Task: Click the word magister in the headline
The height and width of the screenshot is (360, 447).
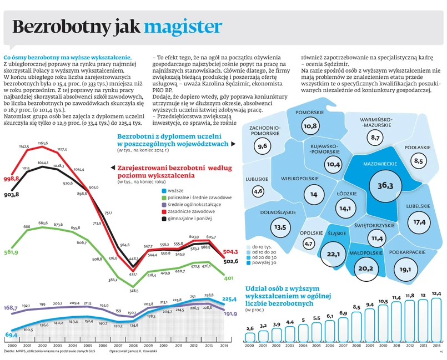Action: [183, 27]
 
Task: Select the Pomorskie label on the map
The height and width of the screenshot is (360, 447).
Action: [310, 113]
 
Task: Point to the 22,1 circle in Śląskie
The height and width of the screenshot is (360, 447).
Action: [334, 254]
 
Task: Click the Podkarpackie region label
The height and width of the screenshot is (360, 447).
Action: [408, 252]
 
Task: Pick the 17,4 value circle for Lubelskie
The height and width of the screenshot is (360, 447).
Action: [419, 222]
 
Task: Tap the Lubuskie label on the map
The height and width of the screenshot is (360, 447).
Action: [257, 179]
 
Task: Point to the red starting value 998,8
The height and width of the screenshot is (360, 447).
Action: [12, 179]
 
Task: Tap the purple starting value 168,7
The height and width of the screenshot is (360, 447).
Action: [11, 307]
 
